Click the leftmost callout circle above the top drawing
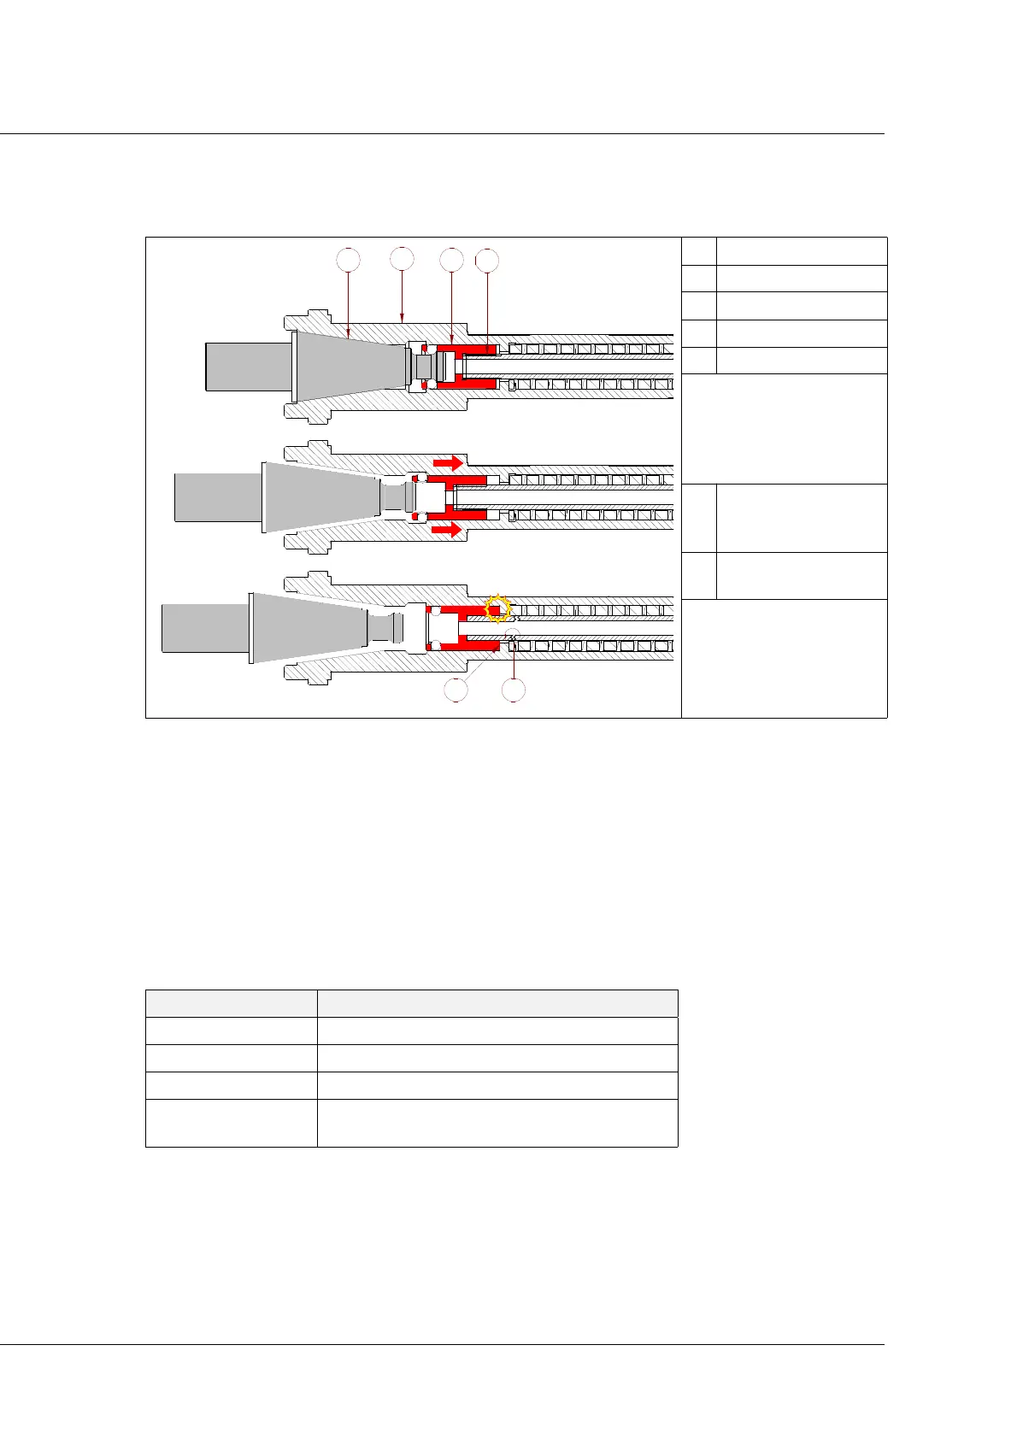pos(348,259)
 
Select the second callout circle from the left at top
pos(402,258)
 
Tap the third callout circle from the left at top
pos(450,260)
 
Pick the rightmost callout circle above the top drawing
pos(486,261)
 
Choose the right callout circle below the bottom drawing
pos(513,690)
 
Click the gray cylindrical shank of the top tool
pos(248,367)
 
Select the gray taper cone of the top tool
pos(346,366)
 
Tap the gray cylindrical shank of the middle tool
pos(217,497)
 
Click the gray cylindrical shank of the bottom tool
pos(205,628)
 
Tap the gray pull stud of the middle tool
pos(397,496)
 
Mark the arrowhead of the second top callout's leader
pos(402,320)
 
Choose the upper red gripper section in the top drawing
pos(466,349)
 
